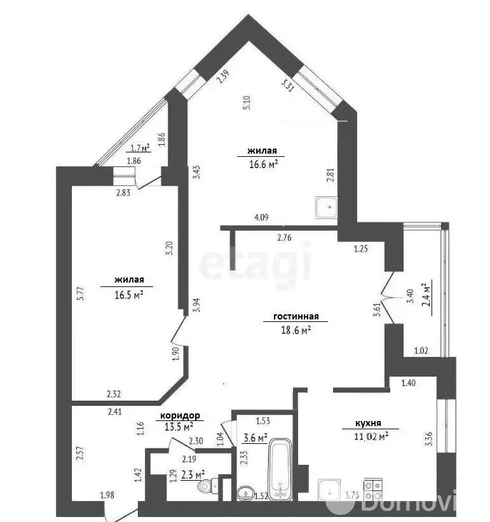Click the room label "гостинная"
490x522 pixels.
pos(296,316)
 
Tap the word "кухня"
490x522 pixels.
pos(368,424)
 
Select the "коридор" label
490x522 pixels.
pos(180,415)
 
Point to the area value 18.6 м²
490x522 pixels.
pos(296,330)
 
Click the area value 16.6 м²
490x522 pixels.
pos(264,164)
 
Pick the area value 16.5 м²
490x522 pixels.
pos(129,295)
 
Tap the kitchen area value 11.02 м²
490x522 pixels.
pos(371,436)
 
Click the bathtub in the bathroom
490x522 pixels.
pos(280,470)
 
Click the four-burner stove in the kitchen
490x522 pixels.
pos(373,490)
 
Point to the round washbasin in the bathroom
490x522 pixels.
pos(246,493)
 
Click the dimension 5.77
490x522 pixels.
pos(81,293)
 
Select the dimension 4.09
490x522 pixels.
pos(261,217)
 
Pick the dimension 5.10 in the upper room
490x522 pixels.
pos(247,102)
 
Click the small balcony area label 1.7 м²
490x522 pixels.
pos(140,147)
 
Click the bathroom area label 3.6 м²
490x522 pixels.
pos(255,438)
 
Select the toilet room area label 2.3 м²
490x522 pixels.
pos(193,474)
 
